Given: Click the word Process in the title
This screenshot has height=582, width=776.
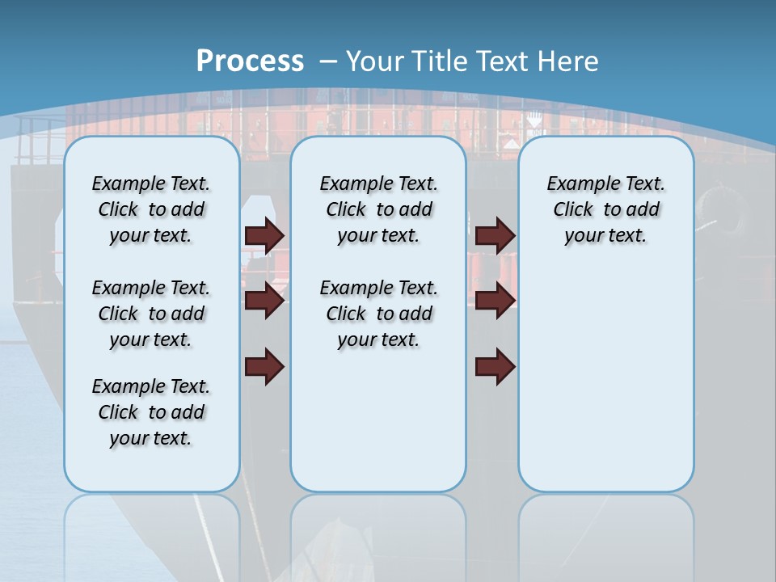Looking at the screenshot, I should [x=250, y=61].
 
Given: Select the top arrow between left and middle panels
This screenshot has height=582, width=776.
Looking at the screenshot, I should [x=264, y=235].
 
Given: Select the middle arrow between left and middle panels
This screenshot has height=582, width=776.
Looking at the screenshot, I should [x=264, y=301].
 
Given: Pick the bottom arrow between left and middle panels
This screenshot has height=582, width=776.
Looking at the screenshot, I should [x=264, y=366].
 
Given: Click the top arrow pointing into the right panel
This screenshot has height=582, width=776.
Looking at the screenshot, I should [x=495, y=235].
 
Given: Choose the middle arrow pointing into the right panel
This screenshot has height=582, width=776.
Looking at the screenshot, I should [x=495, y=301].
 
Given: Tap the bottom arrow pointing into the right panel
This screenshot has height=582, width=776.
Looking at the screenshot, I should [x=495, y=366].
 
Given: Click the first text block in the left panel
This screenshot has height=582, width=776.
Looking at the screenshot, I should [x=151, y=209].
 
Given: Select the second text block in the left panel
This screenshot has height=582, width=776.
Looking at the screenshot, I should [x=151, y=314].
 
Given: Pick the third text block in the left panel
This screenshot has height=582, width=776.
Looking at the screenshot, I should [x=151, y=412].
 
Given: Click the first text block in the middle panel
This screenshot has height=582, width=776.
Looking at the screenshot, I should [x=378, y=209].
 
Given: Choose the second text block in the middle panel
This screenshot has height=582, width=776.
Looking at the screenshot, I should [x=378, y=314].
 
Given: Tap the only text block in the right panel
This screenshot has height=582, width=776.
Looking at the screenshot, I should [x=605, y=209].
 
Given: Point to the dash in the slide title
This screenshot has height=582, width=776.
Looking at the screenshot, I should [x=328, y=61].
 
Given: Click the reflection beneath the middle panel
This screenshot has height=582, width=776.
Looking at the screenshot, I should [x=378, y=533].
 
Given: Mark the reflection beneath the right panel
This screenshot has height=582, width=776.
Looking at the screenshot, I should [x=605, y=533].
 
